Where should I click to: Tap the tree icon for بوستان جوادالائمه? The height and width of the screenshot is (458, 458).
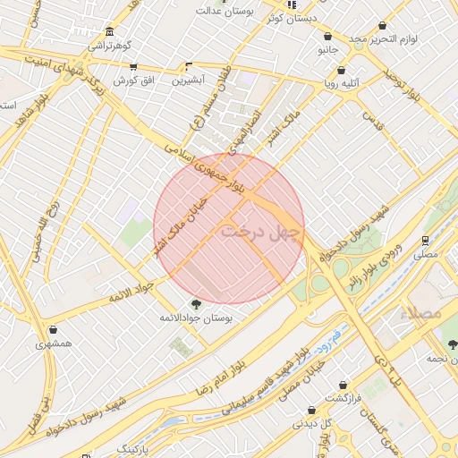[x=196, y=304]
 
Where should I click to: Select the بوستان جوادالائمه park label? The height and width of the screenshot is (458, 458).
[x=196, y=318]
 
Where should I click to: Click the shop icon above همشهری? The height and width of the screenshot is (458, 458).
[x=55, y=329]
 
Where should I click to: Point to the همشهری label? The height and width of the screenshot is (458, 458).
[x=55, y=343]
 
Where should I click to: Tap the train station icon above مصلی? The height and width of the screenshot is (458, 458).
[x=425, y=240]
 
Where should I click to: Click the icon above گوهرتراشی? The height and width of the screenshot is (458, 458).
[x=109, y=30]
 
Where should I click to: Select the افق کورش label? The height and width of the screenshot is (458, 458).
[x=133, y=81]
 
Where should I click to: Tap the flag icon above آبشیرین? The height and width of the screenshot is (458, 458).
[x=188, y=66]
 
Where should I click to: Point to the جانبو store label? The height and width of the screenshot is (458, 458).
[x=328, y=51]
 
